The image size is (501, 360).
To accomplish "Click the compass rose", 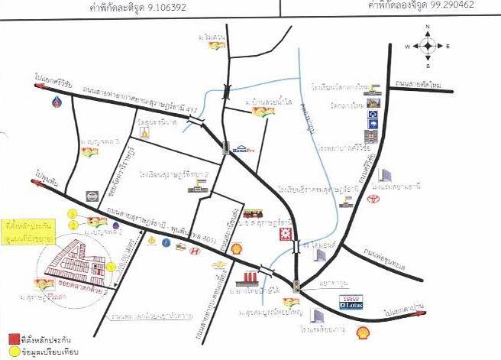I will click(x=427, y=46).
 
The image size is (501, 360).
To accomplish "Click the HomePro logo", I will click(x=244, y=149).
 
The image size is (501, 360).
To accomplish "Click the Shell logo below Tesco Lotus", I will click(x=364, y=332).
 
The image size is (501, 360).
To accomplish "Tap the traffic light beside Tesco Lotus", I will click(x=296, y=287).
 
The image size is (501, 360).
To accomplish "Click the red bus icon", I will click(x=251, y=213).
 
